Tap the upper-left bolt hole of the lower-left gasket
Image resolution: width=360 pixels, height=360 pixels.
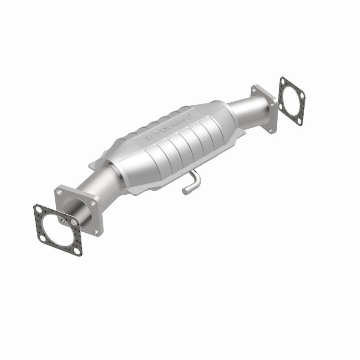point(38,209)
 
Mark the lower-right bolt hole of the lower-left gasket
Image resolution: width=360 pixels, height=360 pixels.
point(72,243)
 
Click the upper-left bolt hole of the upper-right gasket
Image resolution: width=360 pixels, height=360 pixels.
point(283,81)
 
